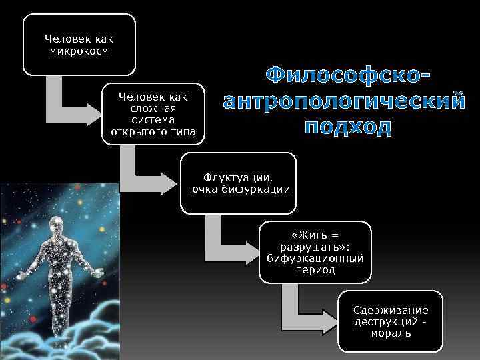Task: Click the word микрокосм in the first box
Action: (x=79, y=50)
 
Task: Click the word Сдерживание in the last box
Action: (x=391, y=311)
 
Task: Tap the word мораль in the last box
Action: (x=391, y=333)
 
